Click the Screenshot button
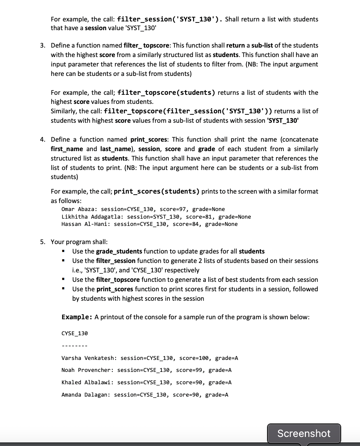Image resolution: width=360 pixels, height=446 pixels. coord(304,433)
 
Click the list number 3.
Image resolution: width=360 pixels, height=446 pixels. coord(42,45)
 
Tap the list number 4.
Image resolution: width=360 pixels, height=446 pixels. coord(42,139)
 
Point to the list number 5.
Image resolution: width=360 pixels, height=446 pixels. coord(42,242)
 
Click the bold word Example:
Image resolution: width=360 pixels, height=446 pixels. coord(77,317)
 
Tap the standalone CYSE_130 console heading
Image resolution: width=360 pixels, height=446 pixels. coord(75,333)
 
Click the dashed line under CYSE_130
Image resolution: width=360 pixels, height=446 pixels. coord(75,346)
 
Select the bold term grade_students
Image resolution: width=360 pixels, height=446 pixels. coord(119,251)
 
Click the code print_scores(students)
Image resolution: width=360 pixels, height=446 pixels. coord(156,191)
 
